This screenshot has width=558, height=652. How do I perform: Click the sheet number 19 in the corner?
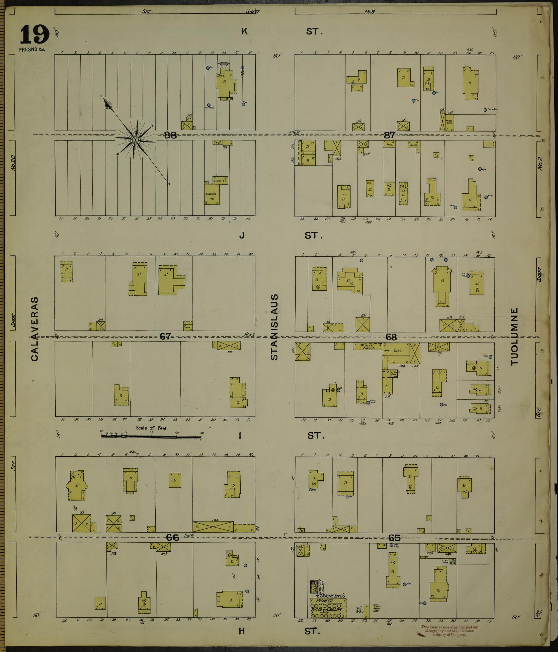click(x=35, y=35)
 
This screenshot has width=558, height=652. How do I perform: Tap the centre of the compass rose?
click(x=136, y=140)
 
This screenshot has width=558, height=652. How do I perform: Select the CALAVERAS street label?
click(x=34, y=329)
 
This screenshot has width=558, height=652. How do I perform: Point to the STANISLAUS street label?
click(x=274, y=327)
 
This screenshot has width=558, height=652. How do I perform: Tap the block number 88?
click(x=170, y=135)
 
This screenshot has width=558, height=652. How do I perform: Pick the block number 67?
click(x=165, y=337)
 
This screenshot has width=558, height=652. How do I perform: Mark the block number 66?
click(x=173, y=537)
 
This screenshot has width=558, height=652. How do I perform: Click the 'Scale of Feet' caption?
click(x=152, y=428)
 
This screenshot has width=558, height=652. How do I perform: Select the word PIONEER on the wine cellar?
click(x=323, y=601)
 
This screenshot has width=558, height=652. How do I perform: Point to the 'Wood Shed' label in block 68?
click(x=368, y=346)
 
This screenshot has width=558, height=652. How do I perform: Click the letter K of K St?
click(x=244, y=31)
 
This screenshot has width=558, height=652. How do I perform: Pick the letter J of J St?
click(x=241, y=236)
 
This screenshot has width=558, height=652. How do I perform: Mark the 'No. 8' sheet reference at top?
click(x=370, y=12)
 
